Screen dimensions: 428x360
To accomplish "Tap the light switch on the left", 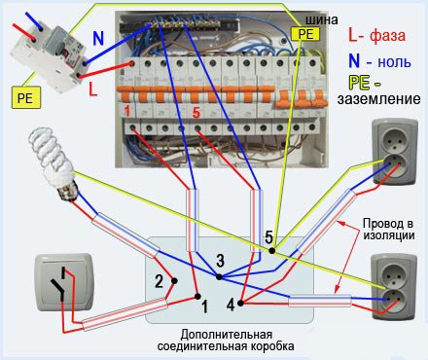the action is tap(64, 282).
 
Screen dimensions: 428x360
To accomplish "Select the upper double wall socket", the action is tap(395, 152).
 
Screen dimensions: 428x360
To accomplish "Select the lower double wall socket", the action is tap(394, 286).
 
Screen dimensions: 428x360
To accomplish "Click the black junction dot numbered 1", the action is tap(197, 296).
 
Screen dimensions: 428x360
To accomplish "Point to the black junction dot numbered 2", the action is tap(174, 281).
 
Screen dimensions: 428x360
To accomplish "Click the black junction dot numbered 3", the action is tap(219, 277).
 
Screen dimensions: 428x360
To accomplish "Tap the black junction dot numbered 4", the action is tap(240, 304).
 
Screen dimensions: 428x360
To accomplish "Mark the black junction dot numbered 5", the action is tap(272, 251).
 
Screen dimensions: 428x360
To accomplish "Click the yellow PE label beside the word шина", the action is tap(304, 34).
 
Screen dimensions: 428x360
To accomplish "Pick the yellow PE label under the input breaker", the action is tap(26, 97).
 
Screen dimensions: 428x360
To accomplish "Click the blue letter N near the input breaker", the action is tap(98, 38).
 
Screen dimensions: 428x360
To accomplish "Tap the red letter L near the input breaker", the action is tap(93, 89).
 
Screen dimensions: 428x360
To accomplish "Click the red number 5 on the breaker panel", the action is tap(196, 113).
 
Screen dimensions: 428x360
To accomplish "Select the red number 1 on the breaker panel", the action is tap(127, 111).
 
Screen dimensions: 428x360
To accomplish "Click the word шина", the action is tap(322, 19).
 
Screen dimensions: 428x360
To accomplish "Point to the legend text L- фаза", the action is tap(376, 35).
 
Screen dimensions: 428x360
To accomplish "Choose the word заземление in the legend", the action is tap(378, 98).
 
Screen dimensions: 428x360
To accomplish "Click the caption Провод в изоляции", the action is tap(389, 229).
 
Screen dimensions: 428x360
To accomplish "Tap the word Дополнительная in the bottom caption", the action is tap(227, 334).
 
